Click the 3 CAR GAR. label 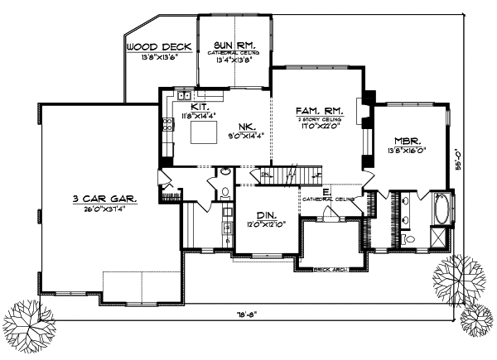(x=104, y=199)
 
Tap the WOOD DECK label (x=158, y=47)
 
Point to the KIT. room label (x=199, y=108)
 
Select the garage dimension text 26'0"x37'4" (x=105, y=209)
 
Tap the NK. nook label (x=246, y=127)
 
